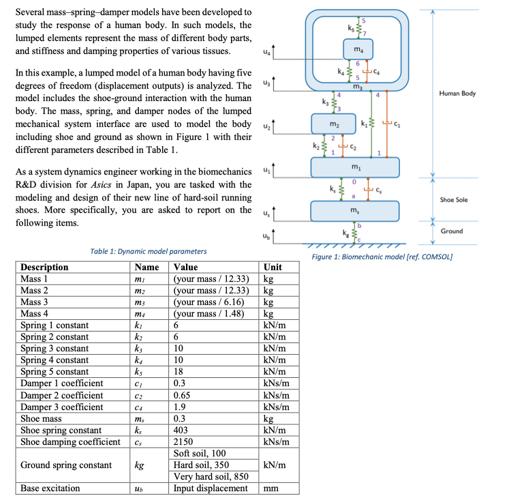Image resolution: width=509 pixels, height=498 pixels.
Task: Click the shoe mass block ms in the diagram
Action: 354,211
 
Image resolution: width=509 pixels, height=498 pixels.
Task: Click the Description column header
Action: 45,267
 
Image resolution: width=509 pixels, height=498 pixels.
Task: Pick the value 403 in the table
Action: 182,430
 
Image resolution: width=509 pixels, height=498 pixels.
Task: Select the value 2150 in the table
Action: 185,441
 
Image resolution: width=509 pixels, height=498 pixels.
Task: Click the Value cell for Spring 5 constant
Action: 179,372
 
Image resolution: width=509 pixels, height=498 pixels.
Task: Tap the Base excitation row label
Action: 50,488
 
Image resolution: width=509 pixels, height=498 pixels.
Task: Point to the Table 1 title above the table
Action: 149,252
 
